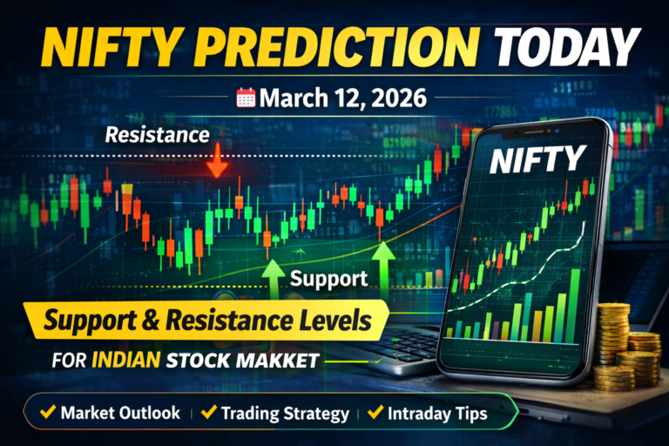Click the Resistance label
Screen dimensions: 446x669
click(x=157, y=135)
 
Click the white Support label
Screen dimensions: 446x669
click(x=330, y=280)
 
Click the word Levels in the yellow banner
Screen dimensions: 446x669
click(x=329, y=323)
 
